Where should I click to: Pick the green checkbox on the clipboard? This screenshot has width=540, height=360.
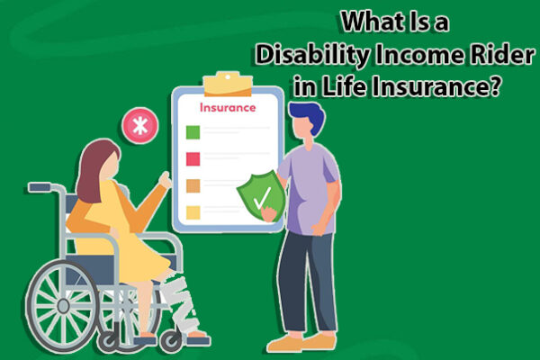click(193, 132)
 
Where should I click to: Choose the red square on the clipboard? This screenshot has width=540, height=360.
click(193, 159)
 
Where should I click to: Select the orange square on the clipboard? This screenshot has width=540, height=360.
click(193, 186)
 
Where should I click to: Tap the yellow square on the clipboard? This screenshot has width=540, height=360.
click(193, 213)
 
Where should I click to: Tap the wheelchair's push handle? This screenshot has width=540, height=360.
click(40, 188)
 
